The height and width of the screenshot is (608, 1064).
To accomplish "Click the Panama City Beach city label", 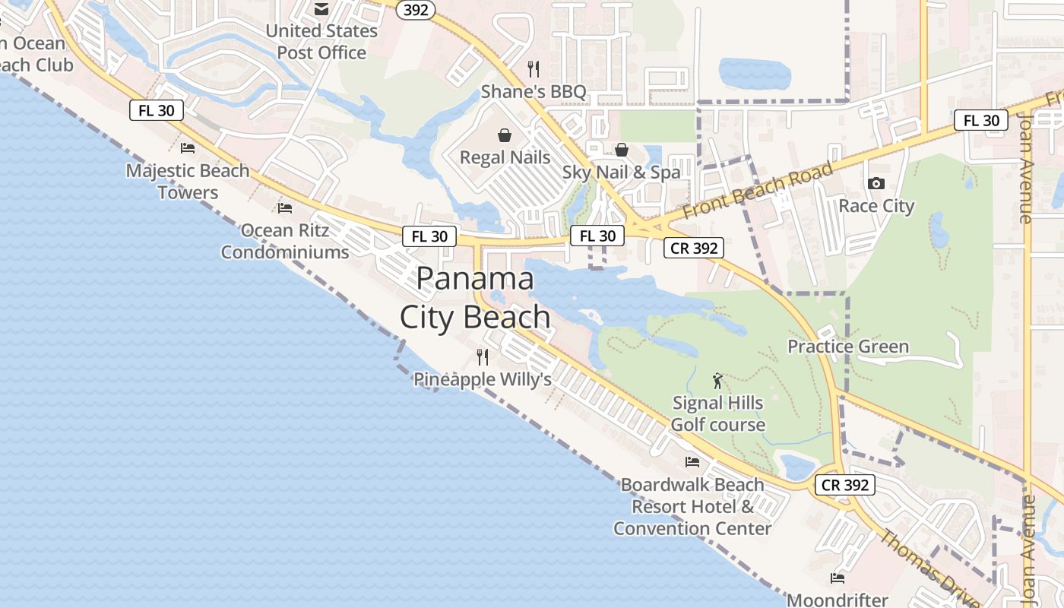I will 476,298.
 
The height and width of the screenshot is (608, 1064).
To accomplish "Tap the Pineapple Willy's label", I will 483,379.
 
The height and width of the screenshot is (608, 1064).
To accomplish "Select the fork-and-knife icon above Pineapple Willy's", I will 482,356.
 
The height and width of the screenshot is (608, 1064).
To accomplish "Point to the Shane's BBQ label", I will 534,92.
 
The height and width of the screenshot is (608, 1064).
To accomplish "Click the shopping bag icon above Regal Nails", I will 505,135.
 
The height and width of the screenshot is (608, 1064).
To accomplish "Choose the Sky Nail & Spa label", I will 622,173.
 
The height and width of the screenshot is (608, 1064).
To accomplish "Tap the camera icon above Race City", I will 876,183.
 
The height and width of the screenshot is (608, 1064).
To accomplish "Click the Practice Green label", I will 848,347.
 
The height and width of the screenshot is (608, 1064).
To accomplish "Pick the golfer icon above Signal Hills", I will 717,380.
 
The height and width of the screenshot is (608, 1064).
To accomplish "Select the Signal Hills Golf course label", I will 717,413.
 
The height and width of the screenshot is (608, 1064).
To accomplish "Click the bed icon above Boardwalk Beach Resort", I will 692,461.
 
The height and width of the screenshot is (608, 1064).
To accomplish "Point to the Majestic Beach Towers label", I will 188,181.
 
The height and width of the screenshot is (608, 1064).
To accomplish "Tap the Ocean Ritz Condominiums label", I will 285,241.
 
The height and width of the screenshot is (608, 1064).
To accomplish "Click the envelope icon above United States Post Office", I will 321,9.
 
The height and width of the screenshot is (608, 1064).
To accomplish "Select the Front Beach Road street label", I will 758,190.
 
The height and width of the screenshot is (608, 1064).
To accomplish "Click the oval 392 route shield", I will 416,9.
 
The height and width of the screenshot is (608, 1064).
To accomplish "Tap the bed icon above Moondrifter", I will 837,578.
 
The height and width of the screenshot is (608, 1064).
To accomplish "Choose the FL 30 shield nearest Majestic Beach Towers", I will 157,110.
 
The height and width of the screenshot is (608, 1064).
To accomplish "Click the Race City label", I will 876,206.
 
